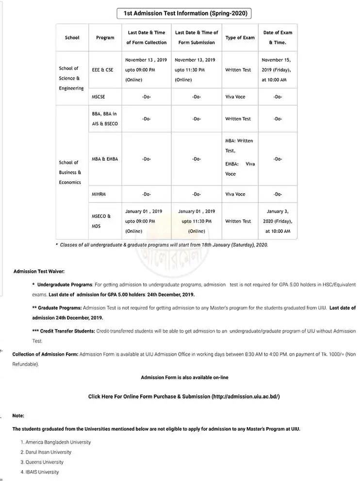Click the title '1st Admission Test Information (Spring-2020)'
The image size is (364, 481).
click(185, 14)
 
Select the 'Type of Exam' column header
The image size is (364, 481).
click(240, 37)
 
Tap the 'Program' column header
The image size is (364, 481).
click(105, 37)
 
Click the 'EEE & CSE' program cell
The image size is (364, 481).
click(103, 70)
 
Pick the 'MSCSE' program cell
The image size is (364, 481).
click(99, 97)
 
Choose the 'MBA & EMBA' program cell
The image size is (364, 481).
click(105, 159)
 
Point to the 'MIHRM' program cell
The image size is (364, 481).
click(99, 194)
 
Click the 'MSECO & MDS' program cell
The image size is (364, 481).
click(101, 221)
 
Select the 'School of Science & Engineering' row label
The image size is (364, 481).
click(71, 78)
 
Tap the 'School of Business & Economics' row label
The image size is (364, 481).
click(70, 172)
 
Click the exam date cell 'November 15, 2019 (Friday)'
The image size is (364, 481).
click(277, 70)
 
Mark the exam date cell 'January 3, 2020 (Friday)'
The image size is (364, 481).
click(278, 221)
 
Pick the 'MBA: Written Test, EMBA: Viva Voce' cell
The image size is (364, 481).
click(239, 157)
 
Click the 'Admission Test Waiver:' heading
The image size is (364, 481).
click(39, 271)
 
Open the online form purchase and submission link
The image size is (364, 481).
click(184, 397)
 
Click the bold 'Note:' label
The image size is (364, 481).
click(18, 415)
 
